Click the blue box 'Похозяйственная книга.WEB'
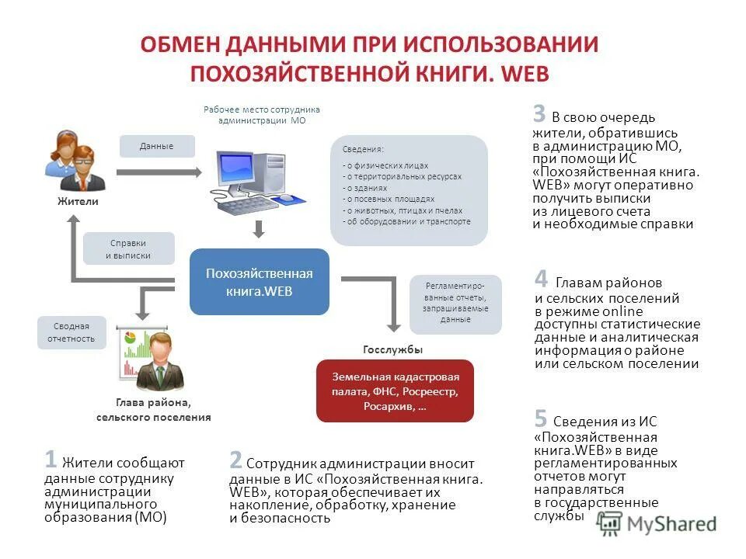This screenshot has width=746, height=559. (260, 282)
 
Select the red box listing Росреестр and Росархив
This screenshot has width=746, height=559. (395, 391)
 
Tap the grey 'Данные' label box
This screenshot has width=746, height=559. (157, 146)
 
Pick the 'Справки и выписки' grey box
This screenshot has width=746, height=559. (128, 249)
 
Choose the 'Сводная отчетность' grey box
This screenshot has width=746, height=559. (71, 332)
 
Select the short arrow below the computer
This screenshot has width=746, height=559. (260, 229)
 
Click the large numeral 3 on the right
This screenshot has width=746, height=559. (539, 114)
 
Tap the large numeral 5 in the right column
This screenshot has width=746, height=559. (541, 418)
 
